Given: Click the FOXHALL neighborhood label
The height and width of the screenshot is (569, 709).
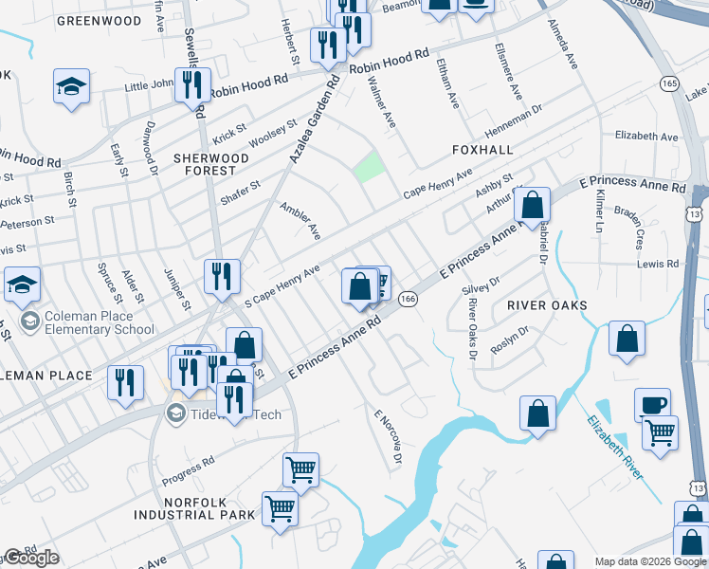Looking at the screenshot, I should point(482,150).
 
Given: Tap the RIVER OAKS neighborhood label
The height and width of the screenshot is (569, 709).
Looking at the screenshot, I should point(547,305).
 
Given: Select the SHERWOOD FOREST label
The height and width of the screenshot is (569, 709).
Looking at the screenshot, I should point(204,164).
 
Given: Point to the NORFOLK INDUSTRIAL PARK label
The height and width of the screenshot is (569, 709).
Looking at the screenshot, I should point(194,508).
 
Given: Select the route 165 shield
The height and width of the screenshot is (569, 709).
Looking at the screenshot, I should point(670,84).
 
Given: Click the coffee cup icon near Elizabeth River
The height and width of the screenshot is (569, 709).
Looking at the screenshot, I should point(652,405).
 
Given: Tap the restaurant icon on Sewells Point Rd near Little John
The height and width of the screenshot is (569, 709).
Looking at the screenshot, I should point(192,83).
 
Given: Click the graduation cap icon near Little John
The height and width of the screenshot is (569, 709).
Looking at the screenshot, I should point(71,86).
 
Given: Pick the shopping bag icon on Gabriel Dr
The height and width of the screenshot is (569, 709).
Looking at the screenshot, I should point(533,204).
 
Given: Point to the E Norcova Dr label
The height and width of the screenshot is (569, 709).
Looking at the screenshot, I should point(389,437).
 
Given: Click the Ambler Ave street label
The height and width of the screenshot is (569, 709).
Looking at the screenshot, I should point(300,220).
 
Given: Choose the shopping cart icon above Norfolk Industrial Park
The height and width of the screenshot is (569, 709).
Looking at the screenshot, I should point(300,469).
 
